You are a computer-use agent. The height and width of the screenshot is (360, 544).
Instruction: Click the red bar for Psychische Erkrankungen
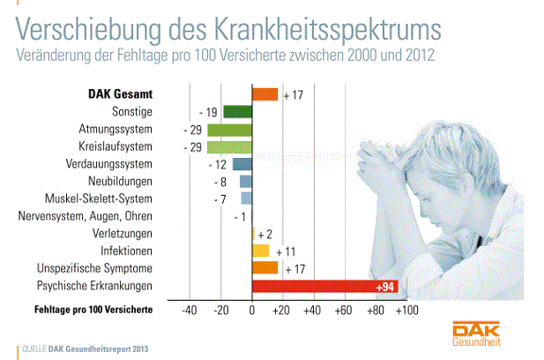point(323,286)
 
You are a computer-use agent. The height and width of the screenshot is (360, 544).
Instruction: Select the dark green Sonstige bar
point(237,112)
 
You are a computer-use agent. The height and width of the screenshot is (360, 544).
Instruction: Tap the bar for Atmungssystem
point(229,130)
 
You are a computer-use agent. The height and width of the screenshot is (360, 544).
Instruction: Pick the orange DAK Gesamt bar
point(265,94)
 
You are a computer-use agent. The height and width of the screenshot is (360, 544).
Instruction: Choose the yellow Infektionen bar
point(261,251)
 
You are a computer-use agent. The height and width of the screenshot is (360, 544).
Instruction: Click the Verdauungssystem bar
point(242,164)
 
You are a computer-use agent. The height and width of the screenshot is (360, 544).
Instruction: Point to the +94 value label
point(385,287)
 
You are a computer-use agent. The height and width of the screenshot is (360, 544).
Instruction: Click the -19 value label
point(208,112)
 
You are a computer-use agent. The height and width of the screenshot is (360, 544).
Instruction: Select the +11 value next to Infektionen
point(284,251)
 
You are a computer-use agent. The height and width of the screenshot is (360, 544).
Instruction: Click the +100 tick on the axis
point(406,311)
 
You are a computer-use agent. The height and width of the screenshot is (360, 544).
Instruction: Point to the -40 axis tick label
point(188,311)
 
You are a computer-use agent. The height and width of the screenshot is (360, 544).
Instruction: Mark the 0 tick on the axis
point(252,311)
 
